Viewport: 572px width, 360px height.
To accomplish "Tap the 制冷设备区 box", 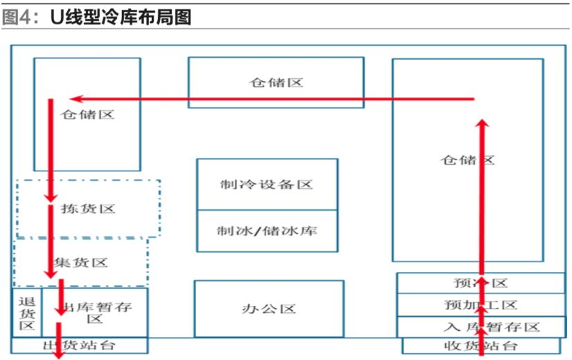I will [x=267, y=185].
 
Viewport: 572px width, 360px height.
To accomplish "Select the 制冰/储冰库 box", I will [x=267, y=231].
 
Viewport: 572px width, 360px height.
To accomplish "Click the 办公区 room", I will [x=268, y=309].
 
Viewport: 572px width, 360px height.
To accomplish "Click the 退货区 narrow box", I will [x=26, y=313].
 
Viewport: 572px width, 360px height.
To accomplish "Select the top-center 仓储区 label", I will [x=276, y=83].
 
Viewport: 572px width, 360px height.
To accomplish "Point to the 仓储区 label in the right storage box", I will [x=467, y=160].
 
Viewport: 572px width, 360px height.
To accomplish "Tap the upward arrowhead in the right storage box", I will [x=483, y=123].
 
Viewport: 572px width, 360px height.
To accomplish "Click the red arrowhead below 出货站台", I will [x=59, y=353].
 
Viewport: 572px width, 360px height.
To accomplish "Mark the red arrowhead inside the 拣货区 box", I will [x=50, y=198].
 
